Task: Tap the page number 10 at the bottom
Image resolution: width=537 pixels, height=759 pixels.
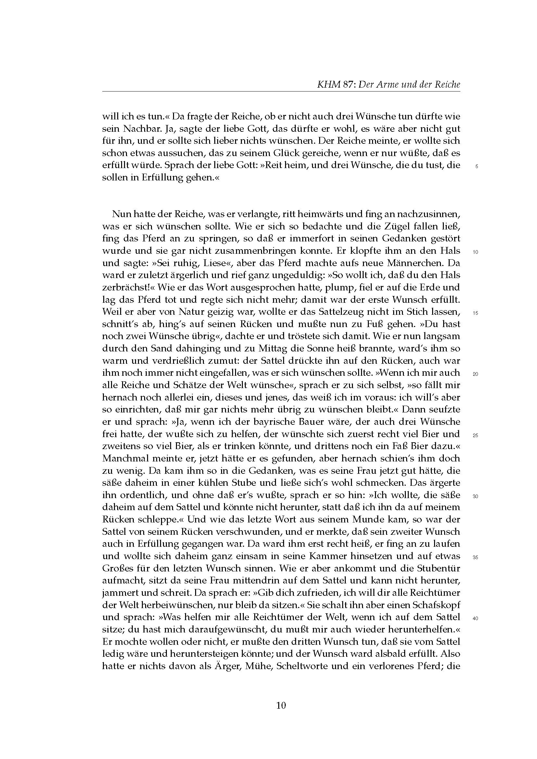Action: point(281,705)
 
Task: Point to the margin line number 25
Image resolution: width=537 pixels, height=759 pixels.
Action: point(476,435)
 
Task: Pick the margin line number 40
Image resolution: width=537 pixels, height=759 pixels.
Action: point(476,619)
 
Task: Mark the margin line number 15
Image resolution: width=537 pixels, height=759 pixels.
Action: point(476,313)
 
